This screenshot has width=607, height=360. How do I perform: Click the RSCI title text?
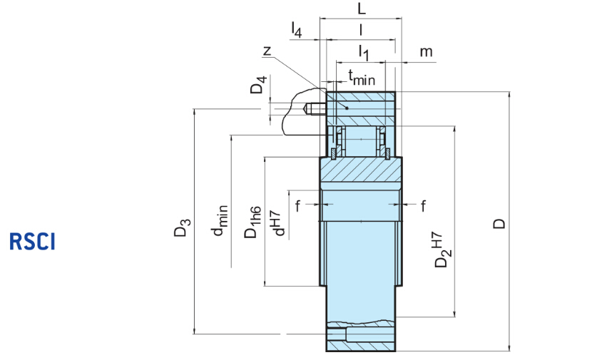click(32, 241)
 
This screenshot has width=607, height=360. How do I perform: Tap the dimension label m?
click(426, 52)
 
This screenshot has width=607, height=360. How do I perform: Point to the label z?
click(267, 51)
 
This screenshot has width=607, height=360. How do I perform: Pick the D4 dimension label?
click(260, 86)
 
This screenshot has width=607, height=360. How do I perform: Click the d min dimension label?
click(220, 222)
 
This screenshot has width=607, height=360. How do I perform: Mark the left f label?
click(297, 206)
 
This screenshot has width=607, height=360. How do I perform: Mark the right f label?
click(423, 206)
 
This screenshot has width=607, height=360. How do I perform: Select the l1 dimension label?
click(363, 52)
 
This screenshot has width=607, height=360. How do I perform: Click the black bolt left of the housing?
click(315, 110)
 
